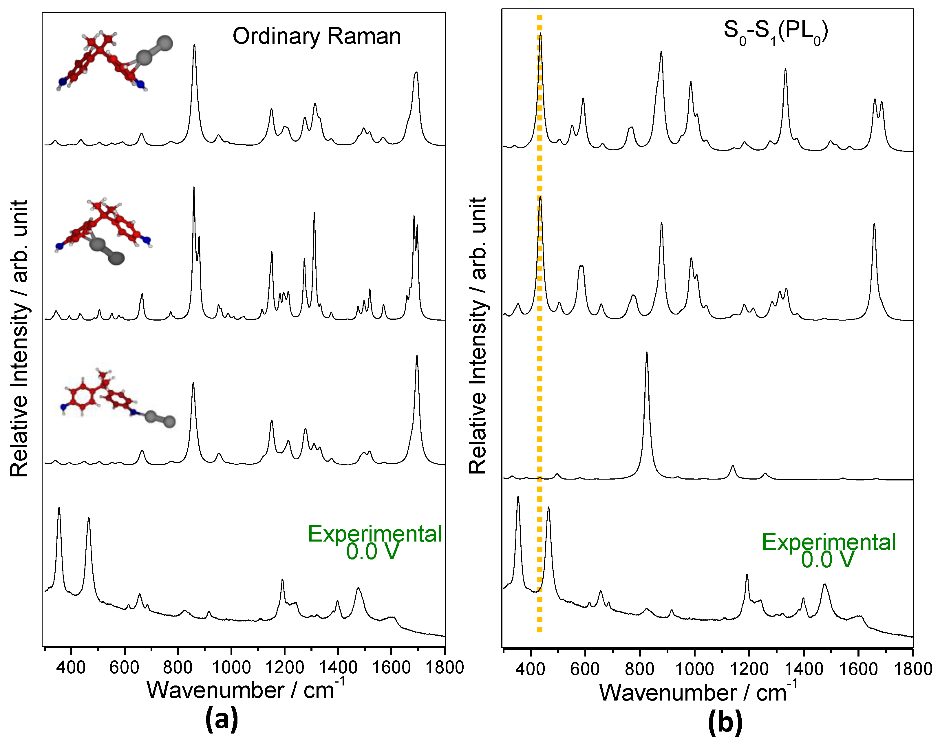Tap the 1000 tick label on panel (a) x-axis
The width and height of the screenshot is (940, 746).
231,667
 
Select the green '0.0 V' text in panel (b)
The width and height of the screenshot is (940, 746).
827,560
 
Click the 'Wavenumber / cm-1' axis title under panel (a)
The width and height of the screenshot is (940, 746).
245,690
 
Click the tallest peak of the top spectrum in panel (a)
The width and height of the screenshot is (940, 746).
194,46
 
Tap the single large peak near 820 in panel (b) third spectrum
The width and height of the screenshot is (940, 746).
647,354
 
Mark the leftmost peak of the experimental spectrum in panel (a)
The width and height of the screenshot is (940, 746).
59,509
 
